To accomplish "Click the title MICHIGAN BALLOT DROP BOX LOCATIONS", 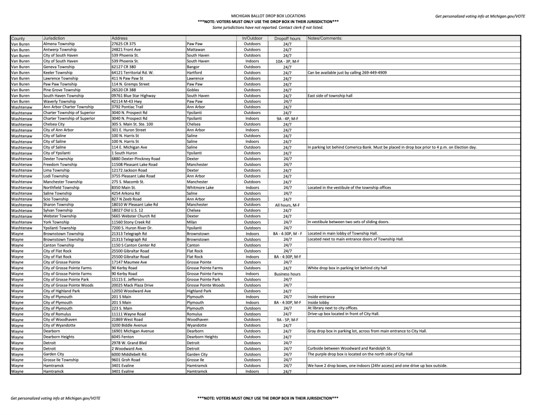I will [268, 16].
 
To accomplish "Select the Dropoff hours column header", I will [287, 39].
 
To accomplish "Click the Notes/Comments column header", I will [325, 38].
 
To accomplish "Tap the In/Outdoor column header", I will [252, 38].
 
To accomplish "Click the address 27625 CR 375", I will [124, 44].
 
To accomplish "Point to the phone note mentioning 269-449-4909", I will [347, 72].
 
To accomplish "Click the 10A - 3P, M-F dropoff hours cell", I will [287, 61].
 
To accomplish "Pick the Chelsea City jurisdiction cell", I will [54, 124].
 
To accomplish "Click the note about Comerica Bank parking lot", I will [392, 147].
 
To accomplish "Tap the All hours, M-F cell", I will [287, 205].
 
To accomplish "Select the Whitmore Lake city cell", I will [200, 188].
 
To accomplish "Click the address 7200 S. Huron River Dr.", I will [132, 228].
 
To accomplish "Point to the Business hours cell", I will [287, 274].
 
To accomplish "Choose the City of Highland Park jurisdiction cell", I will [62, 291].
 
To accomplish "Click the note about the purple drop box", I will [360, 354].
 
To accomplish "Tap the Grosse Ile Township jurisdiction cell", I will [61, 360].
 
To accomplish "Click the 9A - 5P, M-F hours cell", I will [287, 320].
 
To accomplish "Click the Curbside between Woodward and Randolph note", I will [349, 348].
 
